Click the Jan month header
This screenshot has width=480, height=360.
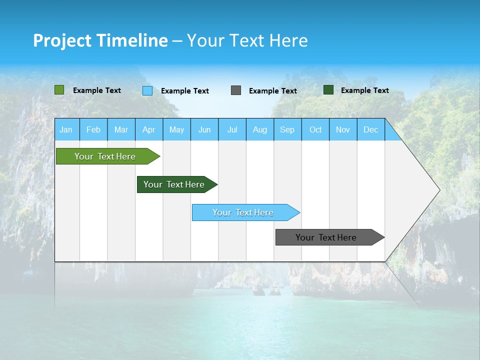(x=66, y=129)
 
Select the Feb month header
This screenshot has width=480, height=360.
(x=93, y=129)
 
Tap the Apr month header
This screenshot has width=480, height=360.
(x=149, y=129)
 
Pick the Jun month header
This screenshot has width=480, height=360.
(x=204, y=129)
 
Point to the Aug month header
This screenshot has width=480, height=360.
(x=260, y=129)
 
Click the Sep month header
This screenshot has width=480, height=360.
(x=287, y=129)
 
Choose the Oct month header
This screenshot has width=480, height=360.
(x=315, y=129)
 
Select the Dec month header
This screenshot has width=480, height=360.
(x=371, y=129)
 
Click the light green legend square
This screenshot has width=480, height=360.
(x=59, y=90)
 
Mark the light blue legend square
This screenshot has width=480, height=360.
(x=147, y=90)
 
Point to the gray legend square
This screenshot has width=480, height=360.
(x=236, y=90)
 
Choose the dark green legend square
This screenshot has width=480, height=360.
(x=328, y=90)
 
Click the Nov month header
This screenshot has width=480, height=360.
(x=343, y=129)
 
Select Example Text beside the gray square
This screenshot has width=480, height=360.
(x=273, y=91)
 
